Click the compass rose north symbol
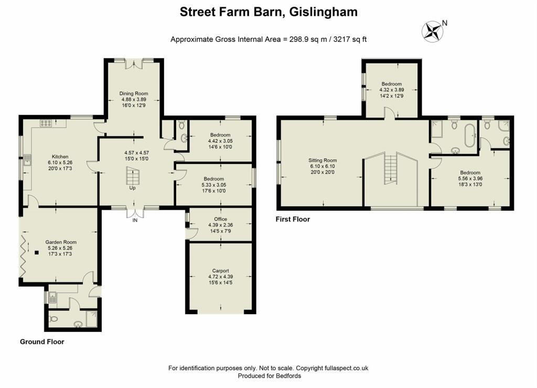433,31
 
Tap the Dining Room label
134,93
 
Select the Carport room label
221,271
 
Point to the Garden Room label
61,242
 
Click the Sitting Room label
323,160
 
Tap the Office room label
221,219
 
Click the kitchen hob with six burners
46,123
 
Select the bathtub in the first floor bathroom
469,136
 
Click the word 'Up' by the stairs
132,188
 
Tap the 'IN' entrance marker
135,220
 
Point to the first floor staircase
390,168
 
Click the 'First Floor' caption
293,219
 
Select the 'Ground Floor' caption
42,342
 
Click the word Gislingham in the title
323,12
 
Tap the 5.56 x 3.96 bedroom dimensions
470,178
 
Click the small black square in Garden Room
37,253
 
